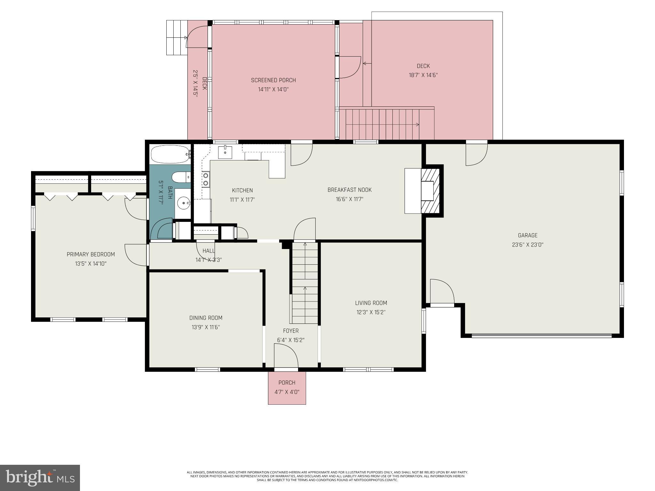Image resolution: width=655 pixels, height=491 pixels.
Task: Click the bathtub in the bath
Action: click(170, 155)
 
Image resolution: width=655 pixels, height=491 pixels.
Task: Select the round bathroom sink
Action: click(183, 202)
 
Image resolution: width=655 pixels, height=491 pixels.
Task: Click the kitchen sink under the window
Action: click(225, 152)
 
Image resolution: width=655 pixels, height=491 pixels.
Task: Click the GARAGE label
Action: click(527, 235)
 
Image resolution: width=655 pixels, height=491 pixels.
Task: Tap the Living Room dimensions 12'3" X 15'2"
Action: click(371, 312)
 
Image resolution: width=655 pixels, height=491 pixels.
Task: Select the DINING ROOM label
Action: click(206, 318)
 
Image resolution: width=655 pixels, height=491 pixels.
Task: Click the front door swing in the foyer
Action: click(286, 355)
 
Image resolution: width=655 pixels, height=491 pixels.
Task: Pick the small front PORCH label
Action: click(287, 383)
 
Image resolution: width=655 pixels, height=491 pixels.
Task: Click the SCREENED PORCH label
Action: click(273, 80)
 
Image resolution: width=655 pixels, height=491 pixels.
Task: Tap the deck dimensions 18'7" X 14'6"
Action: click(423, 75)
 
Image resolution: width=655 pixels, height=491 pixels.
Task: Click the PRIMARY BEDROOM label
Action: click(91, 254)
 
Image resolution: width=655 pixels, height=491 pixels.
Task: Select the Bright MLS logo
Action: click(40, 478)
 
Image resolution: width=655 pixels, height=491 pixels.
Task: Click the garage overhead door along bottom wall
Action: click(542, 336)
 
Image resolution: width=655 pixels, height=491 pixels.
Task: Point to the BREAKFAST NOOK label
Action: click(349, 190)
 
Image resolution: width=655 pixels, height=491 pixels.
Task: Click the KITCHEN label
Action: click(242, 191)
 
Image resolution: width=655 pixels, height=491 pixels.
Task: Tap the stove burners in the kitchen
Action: click(206, 179)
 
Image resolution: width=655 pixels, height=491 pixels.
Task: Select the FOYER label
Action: click(290, 331)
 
